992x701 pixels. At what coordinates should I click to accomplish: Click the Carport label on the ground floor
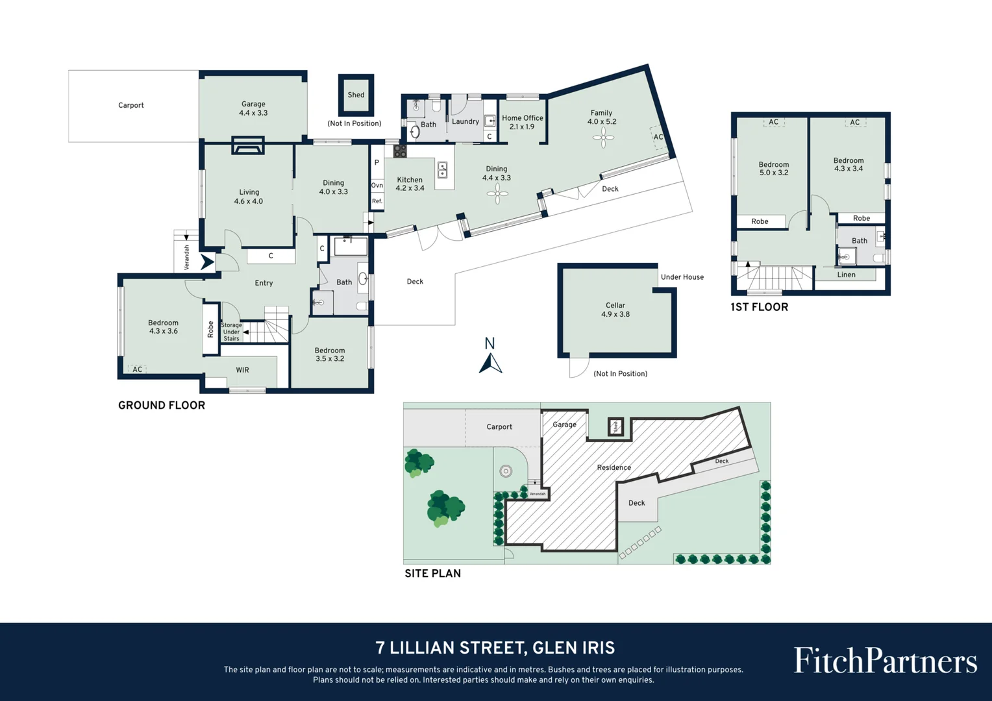[x=130, y=105]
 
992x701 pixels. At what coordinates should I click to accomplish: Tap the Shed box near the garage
[x=356, y=95]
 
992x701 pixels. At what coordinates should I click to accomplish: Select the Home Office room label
[x=522, y=122]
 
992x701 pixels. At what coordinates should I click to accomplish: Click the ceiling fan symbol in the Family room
[x=603, y=137]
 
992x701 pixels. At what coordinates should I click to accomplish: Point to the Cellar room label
[x=615, y=310]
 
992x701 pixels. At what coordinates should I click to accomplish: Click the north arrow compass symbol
[x=490, y=363]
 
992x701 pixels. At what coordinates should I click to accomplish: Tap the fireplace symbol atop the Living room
[x=248, y=146]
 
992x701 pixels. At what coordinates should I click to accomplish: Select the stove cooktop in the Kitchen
[x=400, y=151]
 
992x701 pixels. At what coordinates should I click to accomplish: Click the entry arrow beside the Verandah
[x=207, y=262]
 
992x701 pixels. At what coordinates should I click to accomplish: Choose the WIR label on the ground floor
[x=242, y=370]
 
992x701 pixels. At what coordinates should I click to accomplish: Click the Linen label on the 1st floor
[x=846, y=275]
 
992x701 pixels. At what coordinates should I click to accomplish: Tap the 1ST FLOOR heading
[x=759, y=308]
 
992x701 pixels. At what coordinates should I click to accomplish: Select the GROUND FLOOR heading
[x=162, y=406]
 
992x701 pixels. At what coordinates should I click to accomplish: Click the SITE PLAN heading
[x=432, y=574]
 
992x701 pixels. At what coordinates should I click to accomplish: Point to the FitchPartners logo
[x=885, y=661]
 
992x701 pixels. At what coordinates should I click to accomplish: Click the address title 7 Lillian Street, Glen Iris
[x=495, y=648]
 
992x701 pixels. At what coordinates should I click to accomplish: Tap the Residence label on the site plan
[x=614, y=467]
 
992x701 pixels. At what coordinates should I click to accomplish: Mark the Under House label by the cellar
[x=682, y=277]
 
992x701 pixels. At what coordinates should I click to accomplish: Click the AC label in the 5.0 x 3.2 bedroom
[x=773, y=122]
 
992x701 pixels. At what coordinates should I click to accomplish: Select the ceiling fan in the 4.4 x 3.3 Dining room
[x=497, y=193]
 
